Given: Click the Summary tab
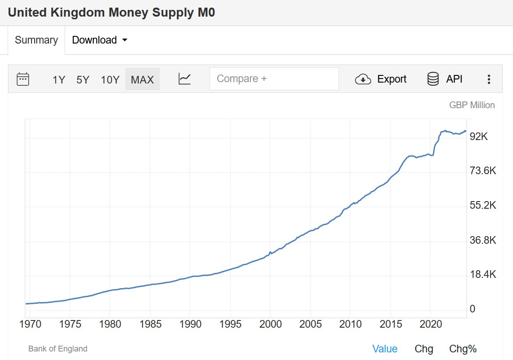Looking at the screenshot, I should coord(36,40).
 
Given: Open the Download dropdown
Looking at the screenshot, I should coord(100,40).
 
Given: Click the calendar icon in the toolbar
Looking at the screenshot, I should coord(23,79).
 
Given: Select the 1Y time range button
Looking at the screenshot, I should coord(59,80).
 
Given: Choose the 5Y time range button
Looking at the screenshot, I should coord(83,80).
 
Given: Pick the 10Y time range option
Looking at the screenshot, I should coord(110,80).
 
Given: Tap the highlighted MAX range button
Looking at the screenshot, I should coord(142,80).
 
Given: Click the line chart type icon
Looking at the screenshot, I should coord(184,79).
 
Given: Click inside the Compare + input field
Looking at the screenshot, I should coord(274,79).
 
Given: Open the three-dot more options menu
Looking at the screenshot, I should coord(489,79).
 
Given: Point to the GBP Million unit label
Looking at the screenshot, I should coord(472,105).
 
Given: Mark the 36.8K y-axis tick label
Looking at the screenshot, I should coord(482,240).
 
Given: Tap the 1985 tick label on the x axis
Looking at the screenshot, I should coord(150,324).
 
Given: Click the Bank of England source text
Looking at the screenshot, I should coord(58,349).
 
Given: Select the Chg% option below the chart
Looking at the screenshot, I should coord(463,349).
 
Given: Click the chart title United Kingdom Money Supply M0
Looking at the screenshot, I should coord(112,12).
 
